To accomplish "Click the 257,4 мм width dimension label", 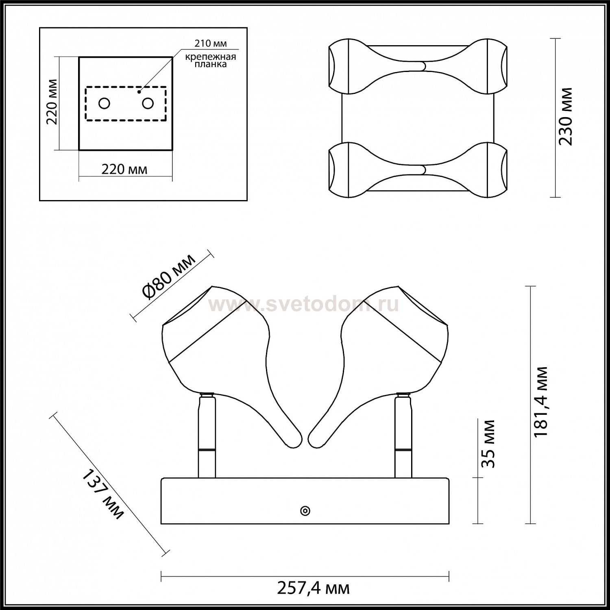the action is [x=313, y=588].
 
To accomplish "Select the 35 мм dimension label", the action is [x=489, y=444].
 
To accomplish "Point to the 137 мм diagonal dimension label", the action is [x=103, y=495].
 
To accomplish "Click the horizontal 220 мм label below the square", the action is [x=124, y=169].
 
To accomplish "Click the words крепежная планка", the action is [x=211, y=60].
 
